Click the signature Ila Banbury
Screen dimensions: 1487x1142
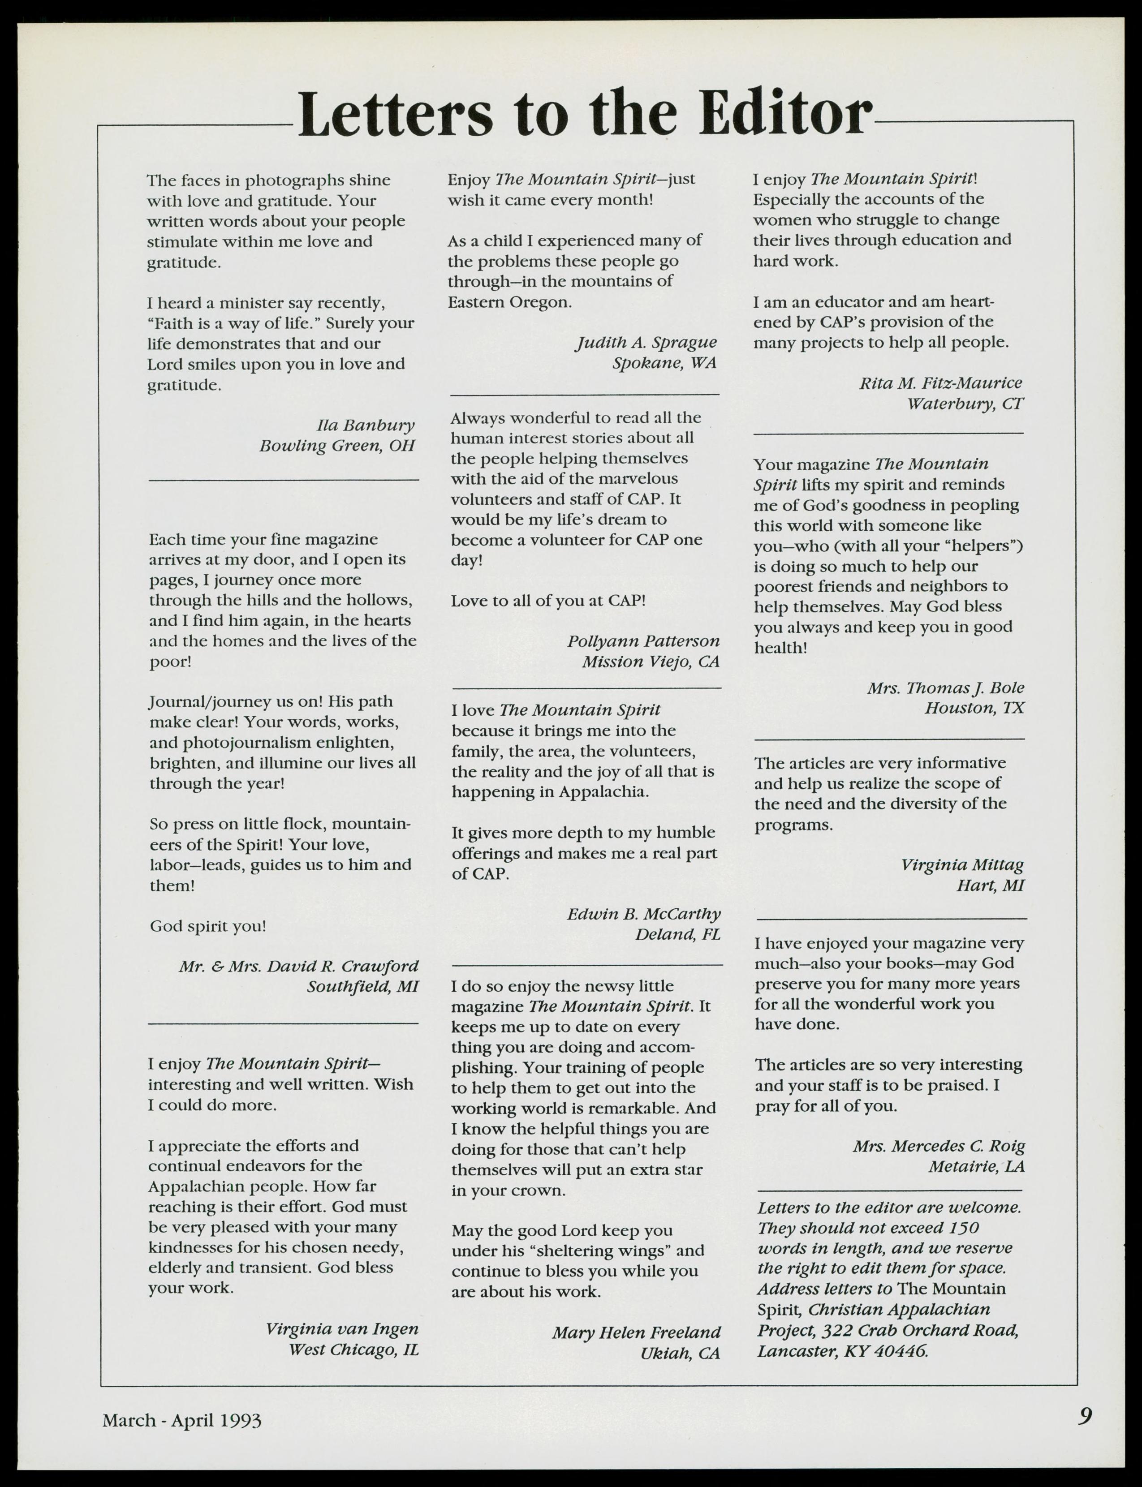[x=365, y=425]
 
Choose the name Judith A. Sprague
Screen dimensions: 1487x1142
[x=646, y=343]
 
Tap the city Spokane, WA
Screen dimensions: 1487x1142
[x=664, y=363]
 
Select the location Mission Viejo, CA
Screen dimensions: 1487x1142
[x=650, y=661]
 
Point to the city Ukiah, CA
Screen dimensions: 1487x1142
[x=679, y=1353]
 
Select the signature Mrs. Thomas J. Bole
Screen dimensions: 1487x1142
[x=945, y=688]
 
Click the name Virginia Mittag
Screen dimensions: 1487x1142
[x=962, y=865]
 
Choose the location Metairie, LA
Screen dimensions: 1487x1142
[x=976, y=1167]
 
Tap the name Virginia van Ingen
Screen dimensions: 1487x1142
[x=341, y=1328]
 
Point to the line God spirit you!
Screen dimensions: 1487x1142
[x=208, y=926]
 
